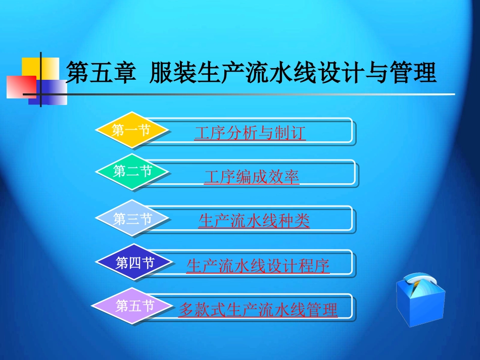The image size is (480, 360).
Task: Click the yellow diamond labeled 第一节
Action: tap(131, 131)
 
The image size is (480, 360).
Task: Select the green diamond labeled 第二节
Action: tap(132, 172)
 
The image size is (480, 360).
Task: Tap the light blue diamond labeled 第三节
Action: tap(132, 219)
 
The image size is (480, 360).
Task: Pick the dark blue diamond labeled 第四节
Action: tap(134, 263)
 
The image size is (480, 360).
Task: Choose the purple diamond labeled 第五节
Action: tap(134, 306)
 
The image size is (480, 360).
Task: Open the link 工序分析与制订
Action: tap(250, 134)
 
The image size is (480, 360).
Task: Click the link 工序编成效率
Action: tap(252, 177)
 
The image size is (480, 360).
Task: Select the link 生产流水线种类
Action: tap(254, 221)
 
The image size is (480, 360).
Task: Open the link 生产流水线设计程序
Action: tap(258, 266)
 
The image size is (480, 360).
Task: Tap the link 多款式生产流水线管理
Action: tap(258, 310)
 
